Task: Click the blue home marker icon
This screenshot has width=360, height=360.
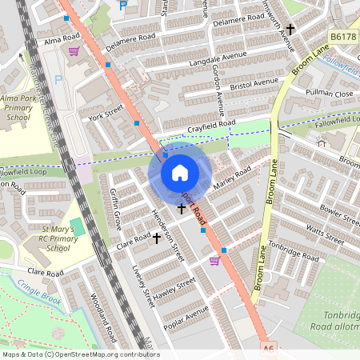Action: point(180,173)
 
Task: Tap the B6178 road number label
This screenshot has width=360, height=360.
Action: point(342,36)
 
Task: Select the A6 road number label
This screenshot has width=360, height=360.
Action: point(269,350)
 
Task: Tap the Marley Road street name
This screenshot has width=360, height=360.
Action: point(232,178)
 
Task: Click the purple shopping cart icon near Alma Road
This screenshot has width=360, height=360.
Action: point(74,52)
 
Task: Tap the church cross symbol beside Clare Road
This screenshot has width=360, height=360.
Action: point(157,238)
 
